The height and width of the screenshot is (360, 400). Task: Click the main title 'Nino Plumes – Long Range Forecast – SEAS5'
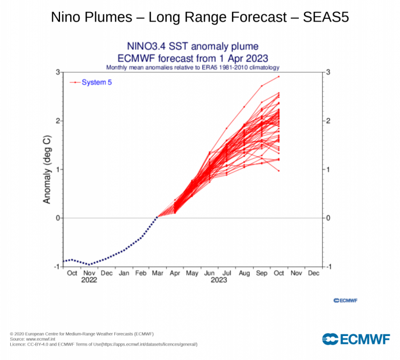[200, 17]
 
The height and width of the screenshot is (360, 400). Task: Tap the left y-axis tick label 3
[58, 72]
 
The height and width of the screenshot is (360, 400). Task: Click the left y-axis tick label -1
[57, 267]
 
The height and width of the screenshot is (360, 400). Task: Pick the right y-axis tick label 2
[327, 121]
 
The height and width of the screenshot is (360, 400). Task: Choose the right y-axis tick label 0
[327, 218]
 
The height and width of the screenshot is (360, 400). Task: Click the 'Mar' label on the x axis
[157, 273]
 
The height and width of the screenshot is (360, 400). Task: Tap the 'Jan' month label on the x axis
[123, 273]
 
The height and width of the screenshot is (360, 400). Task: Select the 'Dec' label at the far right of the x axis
[313, 273]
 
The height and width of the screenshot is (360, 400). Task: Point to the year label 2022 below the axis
[89, 281]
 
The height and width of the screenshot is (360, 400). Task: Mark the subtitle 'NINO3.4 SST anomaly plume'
[193, 46]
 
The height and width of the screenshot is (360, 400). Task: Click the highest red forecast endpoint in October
[279, 77]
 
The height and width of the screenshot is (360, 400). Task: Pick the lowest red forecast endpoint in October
[279, 171]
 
